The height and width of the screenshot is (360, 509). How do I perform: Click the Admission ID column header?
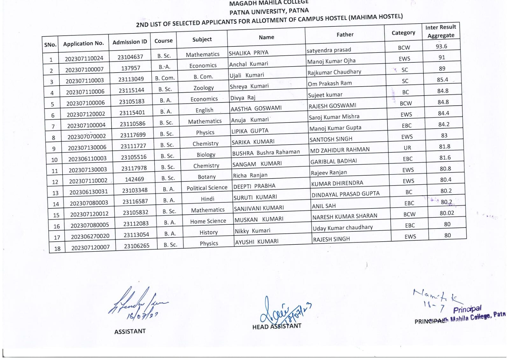(130, 42)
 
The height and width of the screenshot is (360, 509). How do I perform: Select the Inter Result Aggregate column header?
(441, 31)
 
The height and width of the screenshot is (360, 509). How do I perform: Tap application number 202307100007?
(84, 70)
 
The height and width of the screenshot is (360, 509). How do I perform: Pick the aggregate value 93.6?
(441, 46)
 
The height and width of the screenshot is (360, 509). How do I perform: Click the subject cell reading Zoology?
(203, 88)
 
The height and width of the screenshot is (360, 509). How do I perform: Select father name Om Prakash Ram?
(330, 83)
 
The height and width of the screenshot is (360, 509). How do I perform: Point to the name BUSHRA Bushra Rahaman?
(266, 153)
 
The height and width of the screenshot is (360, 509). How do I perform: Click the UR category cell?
(407, 148)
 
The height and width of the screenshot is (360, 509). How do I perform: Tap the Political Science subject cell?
(207, 188)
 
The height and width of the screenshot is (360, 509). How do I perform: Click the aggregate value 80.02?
(447, 213)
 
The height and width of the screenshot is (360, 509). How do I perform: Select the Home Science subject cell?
(208, 221)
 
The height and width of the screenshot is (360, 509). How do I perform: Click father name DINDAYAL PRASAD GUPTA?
(345, 194)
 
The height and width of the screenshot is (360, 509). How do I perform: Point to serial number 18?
(57, 248)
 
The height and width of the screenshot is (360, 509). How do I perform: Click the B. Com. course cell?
(165, 78)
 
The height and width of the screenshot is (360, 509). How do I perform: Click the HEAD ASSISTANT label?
(277, 326)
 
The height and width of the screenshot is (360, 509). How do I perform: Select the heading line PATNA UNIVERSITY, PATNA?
(269, 12)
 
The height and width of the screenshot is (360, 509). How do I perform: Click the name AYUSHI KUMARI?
(257, 242)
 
